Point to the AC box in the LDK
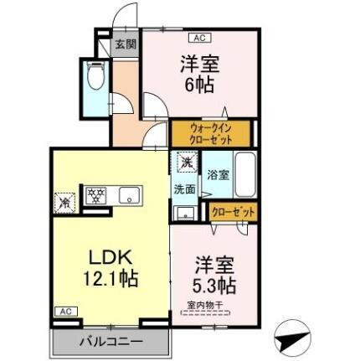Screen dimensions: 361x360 pyautogui.click(x=64, y=312)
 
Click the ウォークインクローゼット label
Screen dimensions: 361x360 pyautogui.click(x=210, y=133)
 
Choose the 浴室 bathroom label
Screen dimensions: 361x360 pyautogui.click(x=218, y=175)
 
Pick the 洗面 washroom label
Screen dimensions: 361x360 pyautogui.click(x=184, y=189)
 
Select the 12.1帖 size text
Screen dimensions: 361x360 pyautogui.click(x=109, y=277)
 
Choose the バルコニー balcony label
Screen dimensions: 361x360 pyautogui.click(x=111, y=341)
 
